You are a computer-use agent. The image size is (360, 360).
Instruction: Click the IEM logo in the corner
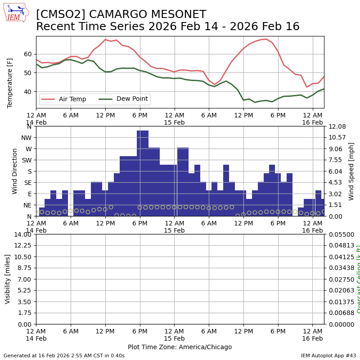pyautogui.click(x=16, y=13)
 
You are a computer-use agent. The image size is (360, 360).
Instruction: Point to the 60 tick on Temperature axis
pyautogui.click(x=28, y=54)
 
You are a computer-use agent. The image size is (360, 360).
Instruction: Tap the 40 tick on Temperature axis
pyautogui.click(x=28, y=92)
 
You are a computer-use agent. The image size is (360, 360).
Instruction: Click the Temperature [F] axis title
pyautogui.click(x=10, y=83)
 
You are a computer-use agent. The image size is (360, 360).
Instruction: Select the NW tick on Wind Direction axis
pyautogui.click(x=26, y=138)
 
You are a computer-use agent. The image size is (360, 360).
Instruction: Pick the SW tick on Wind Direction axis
pyautogui.click(x=26, y=160)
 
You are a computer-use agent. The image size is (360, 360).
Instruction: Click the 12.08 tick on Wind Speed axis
pyautogui.click(x=337, y=126)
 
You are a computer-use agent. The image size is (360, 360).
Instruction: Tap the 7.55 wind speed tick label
pyautogui.click(x=335, y=160)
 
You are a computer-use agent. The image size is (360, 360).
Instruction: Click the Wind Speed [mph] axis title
pyautogui.click(x=351, y=171)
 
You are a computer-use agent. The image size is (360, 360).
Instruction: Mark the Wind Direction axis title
pyautogui.click(x=15, y=171)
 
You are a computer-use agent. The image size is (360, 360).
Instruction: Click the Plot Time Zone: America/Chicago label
pyautogui.click(x=180, y=347)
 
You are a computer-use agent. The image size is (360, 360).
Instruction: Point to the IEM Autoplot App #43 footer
pyautogui.click(x=328, y=355)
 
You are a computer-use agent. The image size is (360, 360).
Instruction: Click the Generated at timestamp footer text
pyautogui.click(x=64, y=355)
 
